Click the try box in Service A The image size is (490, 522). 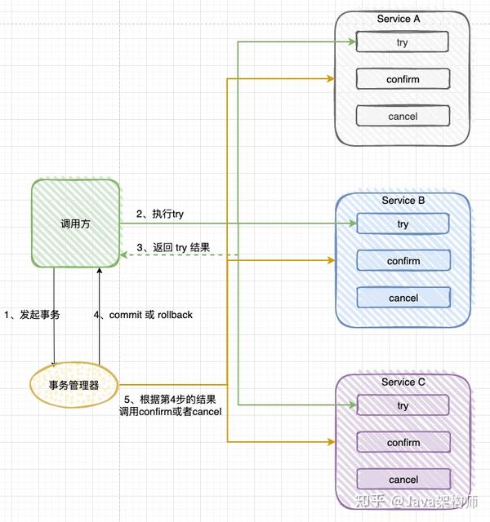402,42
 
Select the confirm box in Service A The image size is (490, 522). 403,79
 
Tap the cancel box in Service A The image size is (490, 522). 403,116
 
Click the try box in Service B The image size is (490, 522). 403,223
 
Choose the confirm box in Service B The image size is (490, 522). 403,260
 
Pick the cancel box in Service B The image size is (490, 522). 403,297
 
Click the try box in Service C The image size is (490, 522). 403,405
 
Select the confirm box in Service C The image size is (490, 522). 403,442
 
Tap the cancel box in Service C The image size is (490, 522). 403,479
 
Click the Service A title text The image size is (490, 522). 399,19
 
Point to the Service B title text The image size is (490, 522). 403,201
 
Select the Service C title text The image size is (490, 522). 403,382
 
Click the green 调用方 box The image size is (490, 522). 76,223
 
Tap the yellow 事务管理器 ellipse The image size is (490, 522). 74,385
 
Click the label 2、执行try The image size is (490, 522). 160,214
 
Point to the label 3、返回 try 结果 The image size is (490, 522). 173,248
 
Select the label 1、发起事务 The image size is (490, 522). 32,315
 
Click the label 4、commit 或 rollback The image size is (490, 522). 143,315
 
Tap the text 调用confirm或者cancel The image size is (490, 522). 171,412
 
